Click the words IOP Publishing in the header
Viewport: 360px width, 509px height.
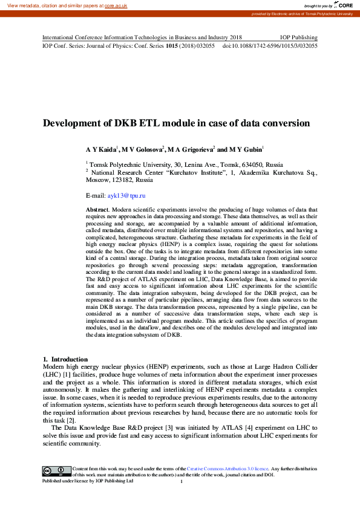298,37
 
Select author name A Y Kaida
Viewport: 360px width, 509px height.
101,149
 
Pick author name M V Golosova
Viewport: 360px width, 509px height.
143,149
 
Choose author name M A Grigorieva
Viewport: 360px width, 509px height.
191,149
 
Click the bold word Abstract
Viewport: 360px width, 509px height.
98,209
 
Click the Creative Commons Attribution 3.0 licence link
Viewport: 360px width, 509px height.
227,469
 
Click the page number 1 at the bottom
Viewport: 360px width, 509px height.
182,482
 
